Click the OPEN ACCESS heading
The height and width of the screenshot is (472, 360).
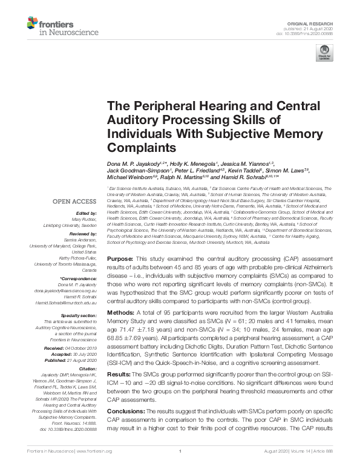coord(71,201)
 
